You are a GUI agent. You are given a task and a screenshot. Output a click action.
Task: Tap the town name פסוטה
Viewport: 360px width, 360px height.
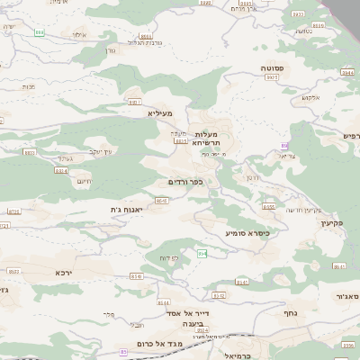[x=274, y=68]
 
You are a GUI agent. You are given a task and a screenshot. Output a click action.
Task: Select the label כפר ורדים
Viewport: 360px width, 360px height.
[x=186, y=181]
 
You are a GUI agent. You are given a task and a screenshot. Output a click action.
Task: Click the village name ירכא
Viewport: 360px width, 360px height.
[x=62, y=272]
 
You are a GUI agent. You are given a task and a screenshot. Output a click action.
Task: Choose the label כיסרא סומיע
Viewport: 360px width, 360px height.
[x=247, y=232]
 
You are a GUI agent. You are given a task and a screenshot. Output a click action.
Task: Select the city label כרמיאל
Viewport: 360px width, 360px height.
[x=247, y=355]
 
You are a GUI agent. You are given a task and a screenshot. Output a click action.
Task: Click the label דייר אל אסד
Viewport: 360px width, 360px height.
[x=188, y=314]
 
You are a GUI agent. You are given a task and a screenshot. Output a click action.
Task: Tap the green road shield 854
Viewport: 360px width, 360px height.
[x=202, y=254]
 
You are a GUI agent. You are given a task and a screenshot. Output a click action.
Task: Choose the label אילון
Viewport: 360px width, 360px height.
[x=79, y=34]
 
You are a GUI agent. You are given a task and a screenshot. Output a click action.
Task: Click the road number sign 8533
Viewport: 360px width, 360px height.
[x=13, y=270]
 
